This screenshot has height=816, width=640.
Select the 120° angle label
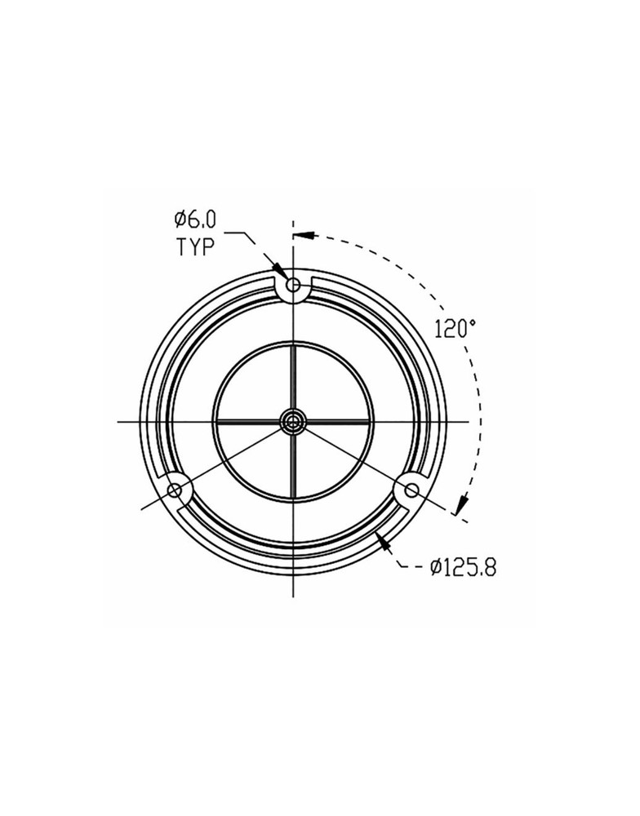[455, 330]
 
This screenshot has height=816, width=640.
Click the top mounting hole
[292, 287]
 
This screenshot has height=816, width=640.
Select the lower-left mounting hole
[174, 490]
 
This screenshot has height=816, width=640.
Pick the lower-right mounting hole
[411, 490]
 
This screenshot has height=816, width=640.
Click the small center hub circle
[292, 421]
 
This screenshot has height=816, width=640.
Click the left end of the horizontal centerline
[119, 421]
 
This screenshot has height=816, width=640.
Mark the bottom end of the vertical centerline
[292, 598]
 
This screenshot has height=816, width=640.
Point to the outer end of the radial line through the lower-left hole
[143, 509]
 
